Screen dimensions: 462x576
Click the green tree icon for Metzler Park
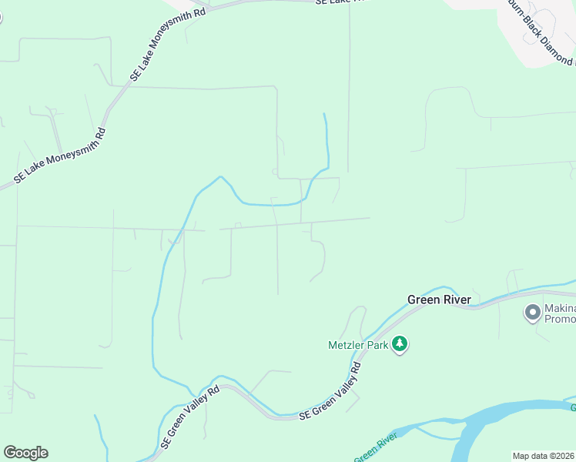coord(399,343)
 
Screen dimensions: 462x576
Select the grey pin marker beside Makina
coord(531,313)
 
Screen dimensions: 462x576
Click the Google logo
coord(25,453)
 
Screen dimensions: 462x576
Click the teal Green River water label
coord(375,449)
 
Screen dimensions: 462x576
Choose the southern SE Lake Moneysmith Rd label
coord(59,158)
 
